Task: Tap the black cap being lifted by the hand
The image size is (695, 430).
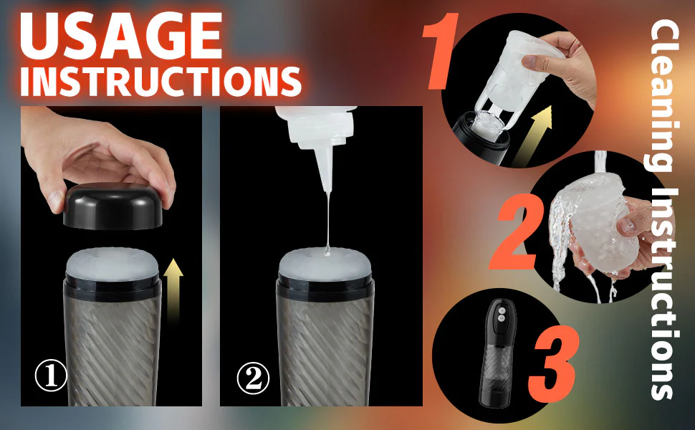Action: tap(113, 206)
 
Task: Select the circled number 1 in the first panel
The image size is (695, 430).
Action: tap(51, 375)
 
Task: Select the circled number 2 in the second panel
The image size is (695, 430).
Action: tap(253, 378)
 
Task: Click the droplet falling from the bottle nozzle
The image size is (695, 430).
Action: tap(327, 251)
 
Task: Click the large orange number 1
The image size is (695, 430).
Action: tap(441, 51)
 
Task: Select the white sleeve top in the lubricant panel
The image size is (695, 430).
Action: tap(325, 264)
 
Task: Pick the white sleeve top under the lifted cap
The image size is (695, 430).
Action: tap(112, 264)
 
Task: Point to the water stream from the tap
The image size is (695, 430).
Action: tap(600, 163)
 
